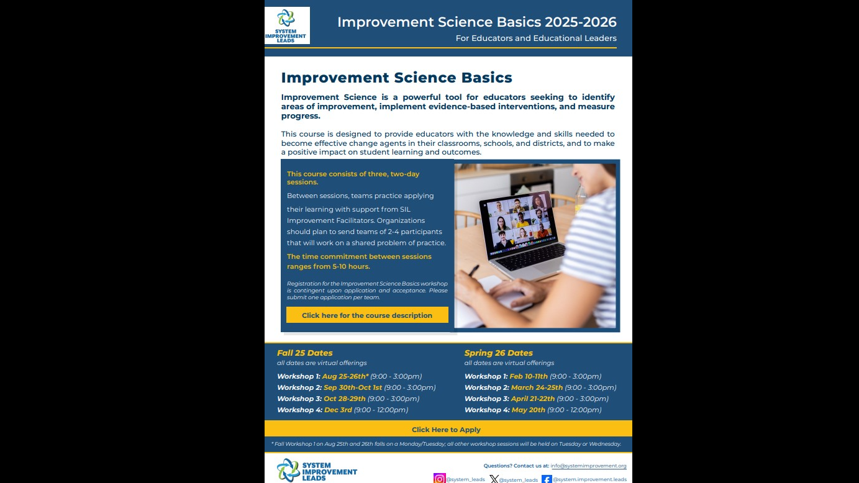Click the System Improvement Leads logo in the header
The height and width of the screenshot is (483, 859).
(287, 25)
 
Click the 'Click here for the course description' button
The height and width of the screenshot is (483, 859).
(367, 315)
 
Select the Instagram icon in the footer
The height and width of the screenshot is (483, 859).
(440, 479)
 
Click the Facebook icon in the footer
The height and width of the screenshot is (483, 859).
(547, 479)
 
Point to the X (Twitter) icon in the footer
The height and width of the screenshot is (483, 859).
(494, 479)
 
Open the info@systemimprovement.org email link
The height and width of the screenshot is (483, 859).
(588, 466)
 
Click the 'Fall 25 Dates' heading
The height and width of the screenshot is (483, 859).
(305, 353)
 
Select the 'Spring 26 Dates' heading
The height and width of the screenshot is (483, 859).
(499, 353)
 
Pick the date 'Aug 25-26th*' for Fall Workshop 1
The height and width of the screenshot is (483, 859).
(345, 376)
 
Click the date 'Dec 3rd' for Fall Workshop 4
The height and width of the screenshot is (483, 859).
(338, 410)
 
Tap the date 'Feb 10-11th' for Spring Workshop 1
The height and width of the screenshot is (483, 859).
(529, 376)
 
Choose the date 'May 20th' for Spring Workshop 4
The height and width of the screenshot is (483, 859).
(528, 410)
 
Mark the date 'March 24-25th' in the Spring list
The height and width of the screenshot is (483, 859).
(537, 387)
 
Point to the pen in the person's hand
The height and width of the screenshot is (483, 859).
(474, 270)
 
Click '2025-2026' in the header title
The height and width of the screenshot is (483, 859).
(581, 22)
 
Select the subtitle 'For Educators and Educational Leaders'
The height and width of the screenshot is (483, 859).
(536, 38)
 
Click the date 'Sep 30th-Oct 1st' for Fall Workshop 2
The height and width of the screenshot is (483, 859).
(353, 387)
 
